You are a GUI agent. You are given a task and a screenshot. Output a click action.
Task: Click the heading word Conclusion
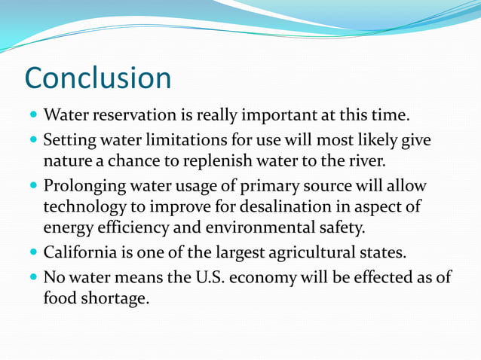(x=98, y=78)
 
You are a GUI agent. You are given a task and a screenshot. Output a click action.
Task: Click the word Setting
(x=69, y=141)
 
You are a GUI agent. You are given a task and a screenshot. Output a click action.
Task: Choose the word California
(x=81, y=252)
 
